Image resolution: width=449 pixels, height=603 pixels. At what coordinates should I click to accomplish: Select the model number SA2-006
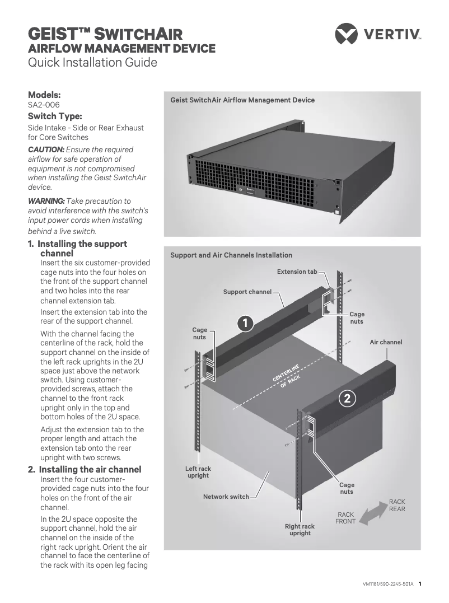44,105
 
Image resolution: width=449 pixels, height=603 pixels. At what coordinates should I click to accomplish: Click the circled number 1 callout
245,323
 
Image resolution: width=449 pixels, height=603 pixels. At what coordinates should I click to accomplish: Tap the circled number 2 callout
347,399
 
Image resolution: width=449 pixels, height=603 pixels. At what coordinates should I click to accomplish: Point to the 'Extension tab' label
297,272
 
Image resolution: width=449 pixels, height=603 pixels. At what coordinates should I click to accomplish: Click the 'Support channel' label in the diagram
247,292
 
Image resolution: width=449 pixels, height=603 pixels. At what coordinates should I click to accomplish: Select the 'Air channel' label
386,342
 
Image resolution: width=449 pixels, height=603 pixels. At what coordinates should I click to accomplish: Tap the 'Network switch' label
226,497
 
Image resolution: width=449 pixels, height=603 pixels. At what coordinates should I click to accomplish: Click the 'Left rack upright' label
198,472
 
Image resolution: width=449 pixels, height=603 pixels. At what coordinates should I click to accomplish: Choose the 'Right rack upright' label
300,530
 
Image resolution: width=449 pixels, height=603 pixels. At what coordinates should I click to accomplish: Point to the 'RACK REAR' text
397,505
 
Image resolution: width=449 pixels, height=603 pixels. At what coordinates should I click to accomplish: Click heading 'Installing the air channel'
90,469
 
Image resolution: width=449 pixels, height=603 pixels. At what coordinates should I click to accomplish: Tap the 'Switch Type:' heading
55,116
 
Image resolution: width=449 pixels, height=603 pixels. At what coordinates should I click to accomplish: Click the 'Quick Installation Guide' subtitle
92,62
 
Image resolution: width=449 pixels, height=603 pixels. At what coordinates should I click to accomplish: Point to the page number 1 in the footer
420,583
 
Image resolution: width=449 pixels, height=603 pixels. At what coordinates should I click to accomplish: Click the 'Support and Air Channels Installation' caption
231,255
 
